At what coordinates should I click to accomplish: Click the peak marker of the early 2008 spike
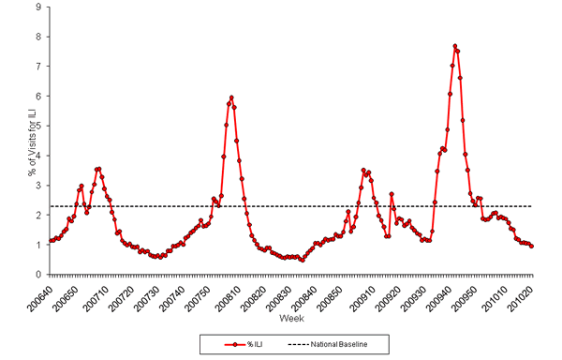[x=231, y=97]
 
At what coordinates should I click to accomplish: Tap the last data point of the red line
[x=532, y=246]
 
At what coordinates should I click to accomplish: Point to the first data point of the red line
[x=50, y=240]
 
